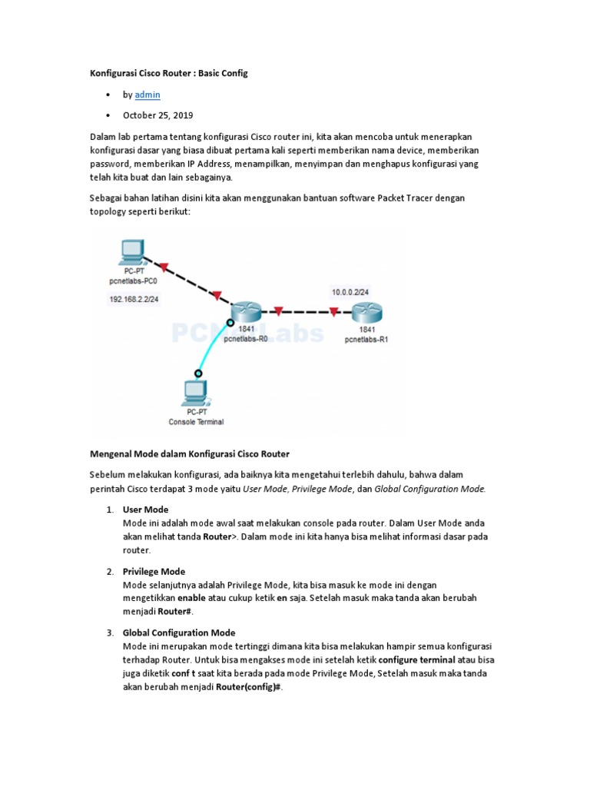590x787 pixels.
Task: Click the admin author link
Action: (147, 95)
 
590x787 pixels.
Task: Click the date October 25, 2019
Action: (157, 115)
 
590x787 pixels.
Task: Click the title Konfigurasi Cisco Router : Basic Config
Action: (170, 73)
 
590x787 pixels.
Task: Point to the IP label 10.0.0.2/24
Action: (350, 292)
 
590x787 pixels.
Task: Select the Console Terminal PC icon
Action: (194, 393)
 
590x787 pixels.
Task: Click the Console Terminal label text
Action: (196, 421)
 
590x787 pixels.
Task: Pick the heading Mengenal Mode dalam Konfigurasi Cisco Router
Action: (190, 453)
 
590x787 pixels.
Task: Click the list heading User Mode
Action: (145, 510)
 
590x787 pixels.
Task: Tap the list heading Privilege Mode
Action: (154, 571)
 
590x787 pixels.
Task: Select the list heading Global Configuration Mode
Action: (178, 633)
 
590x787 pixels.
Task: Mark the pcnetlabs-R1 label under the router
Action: (366, 338)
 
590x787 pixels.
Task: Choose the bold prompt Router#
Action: (175, 612)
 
